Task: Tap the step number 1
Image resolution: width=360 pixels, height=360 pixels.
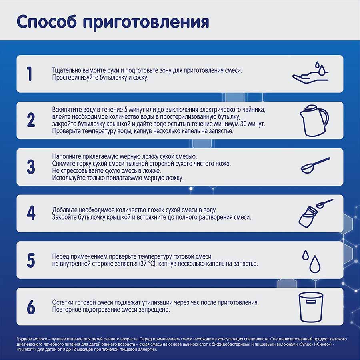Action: tap(29, 74)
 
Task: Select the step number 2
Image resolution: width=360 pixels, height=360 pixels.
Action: tap(31, 120)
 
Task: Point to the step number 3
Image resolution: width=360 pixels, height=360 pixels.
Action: tap(31, 167)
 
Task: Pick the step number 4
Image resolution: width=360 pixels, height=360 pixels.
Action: tap(31, 213)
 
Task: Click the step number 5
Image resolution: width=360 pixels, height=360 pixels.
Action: tap(31, 260)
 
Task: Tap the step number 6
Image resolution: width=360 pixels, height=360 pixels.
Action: tap(31, 307)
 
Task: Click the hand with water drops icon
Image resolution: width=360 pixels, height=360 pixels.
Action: tap(311, 73)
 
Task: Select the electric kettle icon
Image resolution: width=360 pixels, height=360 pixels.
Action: tap(314, 121)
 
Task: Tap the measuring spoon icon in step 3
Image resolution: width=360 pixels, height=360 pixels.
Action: tap(315, 165)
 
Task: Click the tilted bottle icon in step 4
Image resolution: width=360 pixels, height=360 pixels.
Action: tap(307, 217)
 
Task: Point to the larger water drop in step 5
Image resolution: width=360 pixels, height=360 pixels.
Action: tap(315, 264)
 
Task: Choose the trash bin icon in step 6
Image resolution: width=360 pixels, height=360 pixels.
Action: tap(311, 307)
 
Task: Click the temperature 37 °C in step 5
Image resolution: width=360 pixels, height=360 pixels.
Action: tap(148, 264)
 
